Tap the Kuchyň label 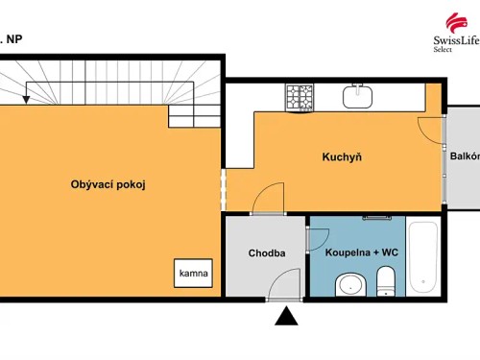click(342, 156)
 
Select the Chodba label click(266, 253)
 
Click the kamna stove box click(192, 274)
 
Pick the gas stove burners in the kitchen click(300, 95)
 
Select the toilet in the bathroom click(386, 283)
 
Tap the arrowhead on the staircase click(27, 95)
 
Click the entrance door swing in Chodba click(284, 284)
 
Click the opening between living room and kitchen click(223, 190)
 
